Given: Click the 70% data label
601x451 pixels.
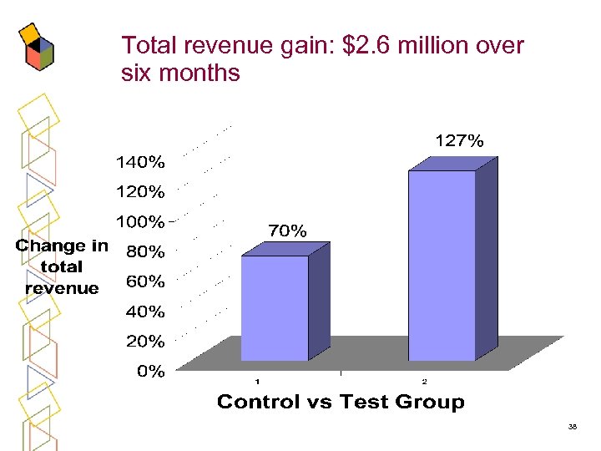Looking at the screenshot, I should coord(286,231).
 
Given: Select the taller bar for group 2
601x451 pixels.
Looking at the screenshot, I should coord(442,265).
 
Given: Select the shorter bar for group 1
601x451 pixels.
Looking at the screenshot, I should coord(275,307).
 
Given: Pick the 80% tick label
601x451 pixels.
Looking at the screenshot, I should coord(144,251).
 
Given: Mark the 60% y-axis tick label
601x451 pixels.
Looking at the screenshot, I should coord(144,282).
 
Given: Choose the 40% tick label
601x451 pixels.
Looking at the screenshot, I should coord(144,312).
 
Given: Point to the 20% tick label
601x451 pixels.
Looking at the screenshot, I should coord(144,342).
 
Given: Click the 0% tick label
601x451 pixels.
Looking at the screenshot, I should coord(150,372).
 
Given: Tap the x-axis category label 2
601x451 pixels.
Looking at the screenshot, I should coord(423,383).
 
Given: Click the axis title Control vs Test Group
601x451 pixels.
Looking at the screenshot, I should coord(341,403).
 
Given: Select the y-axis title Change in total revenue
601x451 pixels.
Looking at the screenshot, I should coord(62,267).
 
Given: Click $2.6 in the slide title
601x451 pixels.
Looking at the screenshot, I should coord(365,45).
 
